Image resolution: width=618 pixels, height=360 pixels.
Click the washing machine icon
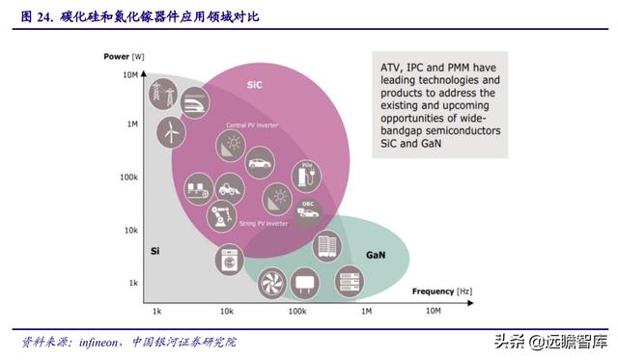[230, 259]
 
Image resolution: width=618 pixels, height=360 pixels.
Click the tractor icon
[229, 184]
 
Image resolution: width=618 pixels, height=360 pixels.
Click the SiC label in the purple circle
[254, 84]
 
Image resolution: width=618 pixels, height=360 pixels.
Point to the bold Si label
[154, 251]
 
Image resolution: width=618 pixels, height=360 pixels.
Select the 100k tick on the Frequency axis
[295, 312]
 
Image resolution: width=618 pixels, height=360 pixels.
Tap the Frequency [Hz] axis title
[441, 291]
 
